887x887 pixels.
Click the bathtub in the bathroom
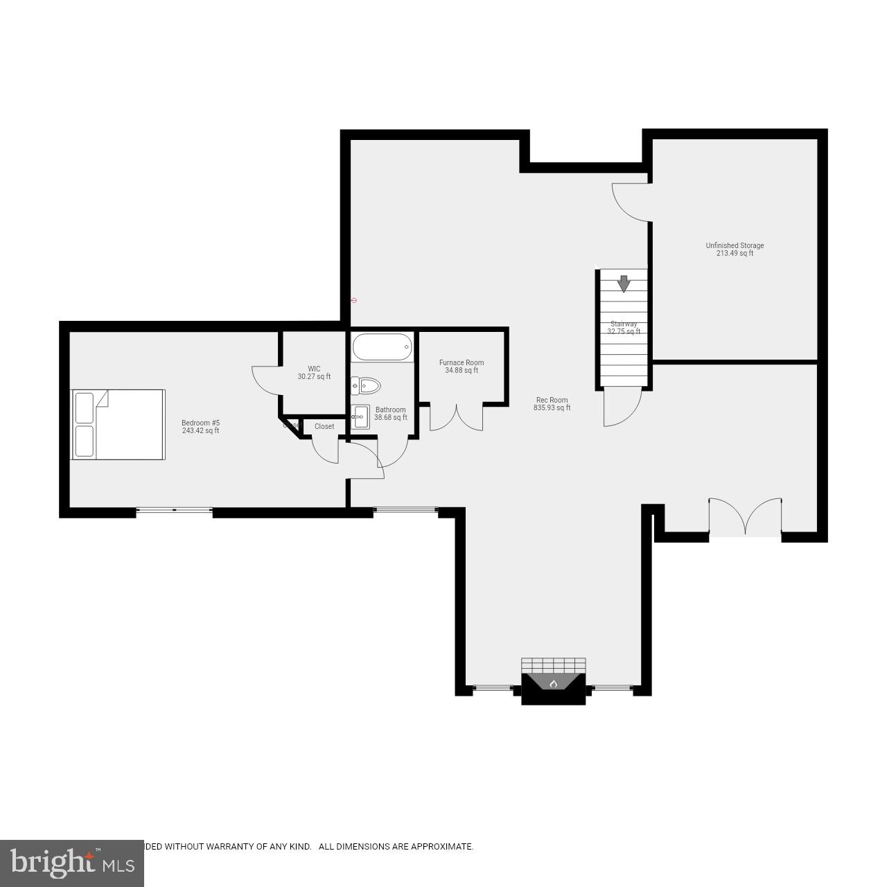[x=382, y=346]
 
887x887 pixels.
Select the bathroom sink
[x=360, y=417]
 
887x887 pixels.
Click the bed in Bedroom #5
[x=118, y=424]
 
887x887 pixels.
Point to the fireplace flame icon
[x=554, y=685]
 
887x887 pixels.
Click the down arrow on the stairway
[x=624, y=283]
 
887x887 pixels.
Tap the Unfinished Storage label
[x=735, y=249]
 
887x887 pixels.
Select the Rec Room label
[x=552, y=404]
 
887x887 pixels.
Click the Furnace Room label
[x=462, y=367]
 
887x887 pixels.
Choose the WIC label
[x=314, y=373]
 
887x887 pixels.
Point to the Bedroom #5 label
[x=200, y=427]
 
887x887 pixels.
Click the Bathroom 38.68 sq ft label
[x=390, y=414]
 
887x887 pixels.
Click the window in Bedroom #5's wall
[x=174, y=511]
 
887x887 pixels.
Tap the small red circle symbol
[x=354, y=300]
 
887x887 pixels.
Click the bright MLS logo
[x=71, y=862]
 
